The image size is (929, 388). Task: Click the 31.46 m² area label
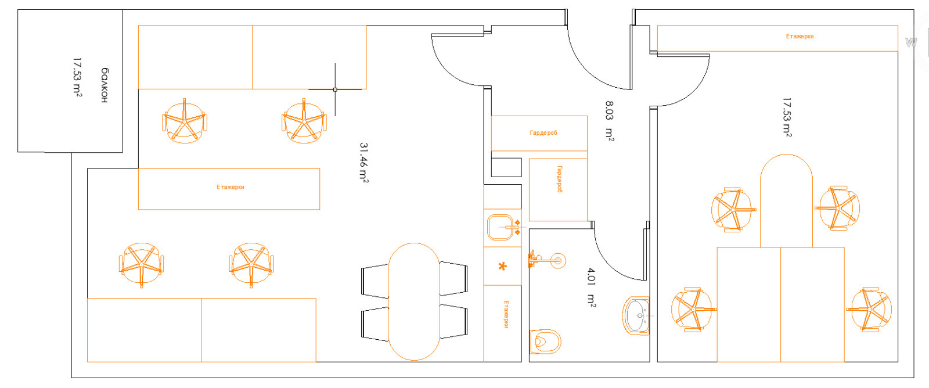click(x=363, y=163)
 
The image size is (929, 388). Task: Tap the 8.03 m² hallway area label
click(x=609, y=121)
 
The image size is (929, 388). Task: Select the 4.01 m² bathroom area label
click(x=592, y=287)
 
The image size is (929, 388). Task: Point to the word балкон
click(x=105, y=85)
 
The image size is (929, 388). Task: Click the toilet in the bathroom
click(x=545, y=342)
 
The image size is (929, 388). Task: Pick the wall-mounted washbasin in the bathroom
click(x=636, y=316)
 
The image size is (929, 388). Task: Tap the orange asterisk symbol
click(x=502, y=267)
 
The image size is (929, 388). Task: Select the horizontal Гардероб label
click(x=543, y=133)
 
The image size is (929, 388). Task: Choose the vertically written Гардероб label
click(x=560, y=179)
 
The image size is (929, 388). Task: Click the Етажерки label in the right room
click(x=800, y=37)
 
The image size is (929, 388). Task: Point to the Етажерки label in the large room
click(x=230, y=187)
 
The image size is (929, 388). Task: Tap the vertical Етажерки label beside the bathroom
click(x=506, y=314)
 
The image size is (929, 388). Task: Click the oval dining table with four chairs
click(x=414, y=301)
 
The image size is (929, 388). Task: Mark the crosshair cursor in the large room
click(x=335, y=89)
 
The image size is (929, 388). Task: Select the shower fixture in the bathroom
click(x=546, y=260)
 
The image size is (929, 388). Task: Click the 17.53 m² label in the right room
click(x=787, y=117)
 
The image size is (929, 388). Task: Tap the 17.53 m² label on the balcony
click(x=77, y=77)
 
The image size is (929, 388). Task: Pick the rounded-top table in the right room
click(x=786, y=201)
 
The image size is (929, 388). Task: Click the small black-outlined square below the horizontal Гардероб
click(x=506, y=167)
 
